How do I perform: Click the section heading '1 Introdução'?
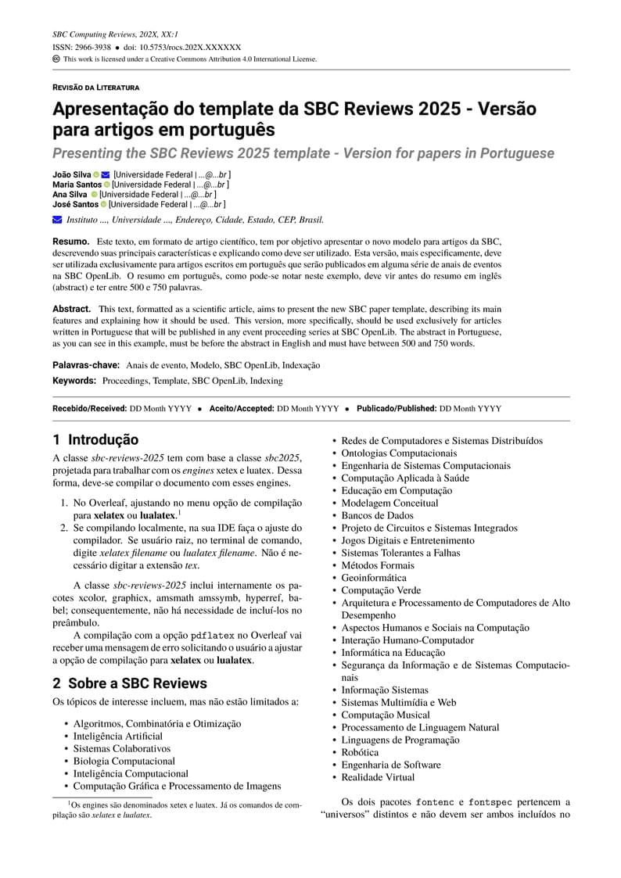(x=95, y=440)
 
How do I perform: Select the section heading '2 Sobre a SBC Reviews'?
(x=130, y=683)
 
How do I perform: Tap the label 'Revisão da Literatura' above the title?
(x=96, y=88)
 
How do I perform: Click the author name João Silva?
(x=71, y=174)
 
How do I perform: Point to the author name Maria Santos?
(x=77, y=184)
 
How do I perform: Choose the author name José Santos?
(x=75, y=204)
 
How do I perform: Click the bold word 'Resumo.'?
(x=71, y=242)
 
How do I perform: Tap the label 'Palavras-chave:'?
(x=86, y=365)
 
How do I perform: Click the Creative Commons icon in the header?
(x=56, y=59)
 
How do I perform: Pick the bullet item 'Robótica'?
(x=360, y=752)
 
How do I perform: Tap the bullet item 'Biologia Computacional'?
(x=124, y=761)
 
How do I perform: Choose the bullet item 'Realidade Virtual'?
(x=378, y=777)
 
